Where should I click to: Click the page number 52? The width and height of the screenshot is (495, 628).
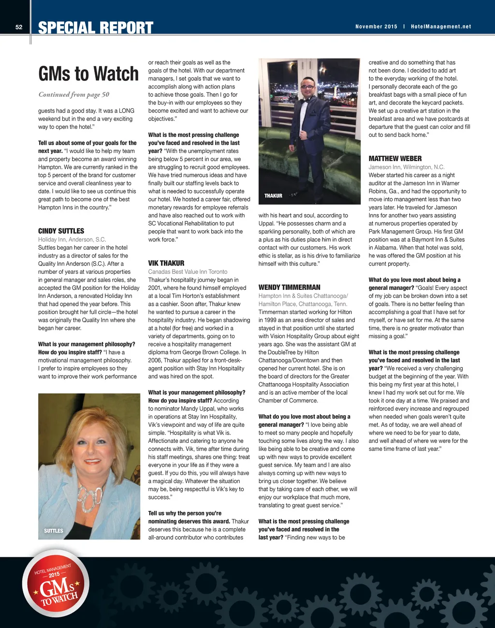click(x=19, y=27)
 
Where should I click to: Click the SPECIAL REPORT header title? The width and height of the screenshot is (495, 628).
click(x=96, y=28)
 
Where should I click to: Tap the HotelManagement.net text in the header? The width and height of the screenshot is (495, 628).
click(x=441, y=27)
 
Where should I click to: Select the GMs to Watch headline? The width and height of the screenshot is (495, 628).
click(x=88, y=74)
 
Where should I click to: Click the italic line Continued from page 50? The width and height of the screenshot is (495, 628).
click(x=74, y=94)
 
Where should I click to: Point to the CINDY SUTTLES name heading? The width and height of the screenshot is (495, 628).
click(x=61, y=231)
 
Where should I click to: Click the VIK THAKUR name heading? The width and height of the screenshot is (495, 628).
click(x=166, y=263)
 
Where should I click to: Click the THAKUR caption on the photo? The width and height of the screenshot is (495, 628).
click(x=273, y=196)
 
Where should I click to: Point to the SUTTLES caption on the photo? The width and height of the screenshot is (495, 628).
click(x=54, y=531)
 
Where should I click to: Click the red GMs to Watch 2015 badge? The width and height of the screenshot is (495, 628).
click(x=56, y=583)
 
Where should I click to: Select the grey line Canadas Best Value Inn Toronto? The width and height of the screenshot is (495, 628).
click(x=188, y=272)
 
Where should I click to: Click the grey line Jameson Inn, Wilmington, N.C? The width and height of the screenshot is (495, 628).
click(x=406, y=167)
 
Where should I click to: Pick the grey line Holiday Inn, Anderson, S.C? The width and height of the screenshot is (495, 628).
click(x=72, y=239)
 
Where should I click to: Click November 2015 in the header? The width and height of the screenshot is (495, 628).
click(x=376, y=27)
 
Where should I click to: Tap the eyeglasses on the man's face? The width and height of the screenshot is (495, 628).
click(x=307, y=87)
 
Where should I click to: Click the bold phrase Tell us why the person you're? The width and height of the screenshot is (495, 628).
click(x=185, y=513)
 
